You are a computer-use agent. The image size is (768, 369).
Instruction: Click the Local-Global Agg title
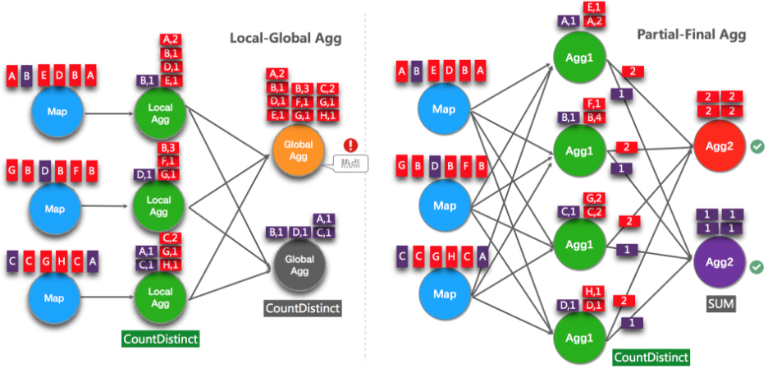click(286, 38)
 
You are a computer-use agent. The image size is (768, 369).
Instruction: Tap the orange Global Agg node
click(299, 150)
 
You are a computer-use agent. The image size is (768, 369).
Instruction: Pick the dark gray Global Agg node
click(299, 264)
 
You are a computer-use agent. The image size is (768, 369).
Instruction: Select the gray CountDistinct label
click(302, 308)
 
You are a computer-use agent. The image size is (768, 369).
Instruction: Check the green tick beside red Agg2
click(757, 146)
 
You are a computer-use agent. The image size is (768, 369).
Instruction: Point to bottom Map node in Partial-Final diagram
click(444, 293)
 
